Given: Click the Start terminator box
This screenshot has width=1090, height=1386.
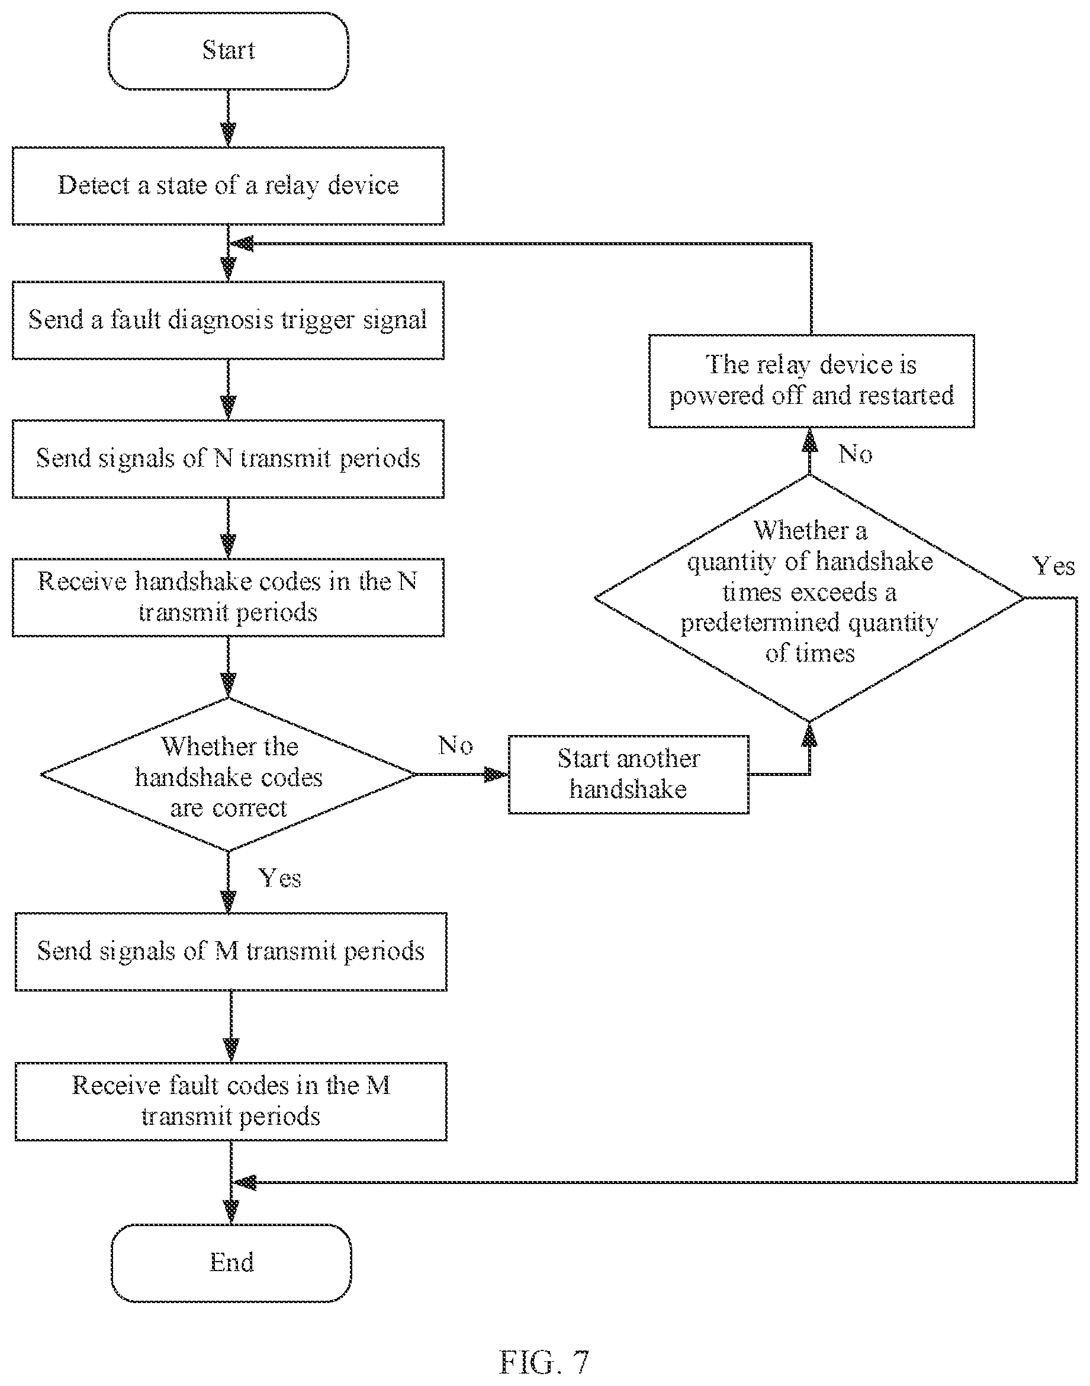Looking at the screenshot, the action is (229, 50).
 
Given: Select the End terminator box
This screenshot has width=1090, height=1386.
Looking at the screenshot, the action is (231, 1263).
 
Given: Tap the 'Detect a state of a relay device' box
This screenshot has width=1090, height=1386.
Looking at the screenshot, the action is (228, 186).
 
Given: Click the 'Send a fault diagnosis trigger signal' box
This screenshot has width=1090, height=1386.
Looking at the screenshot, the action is (228, 320).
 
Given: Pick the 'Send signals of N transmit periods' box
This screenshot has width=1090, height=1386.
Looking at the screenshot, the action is (228, 458).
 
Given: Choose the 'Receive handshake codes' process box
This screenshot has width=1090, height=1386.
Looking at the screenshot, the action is (228, 597).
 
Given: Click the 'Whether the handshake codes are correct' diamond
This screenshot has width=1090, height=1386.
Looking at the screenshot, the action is (228, 774).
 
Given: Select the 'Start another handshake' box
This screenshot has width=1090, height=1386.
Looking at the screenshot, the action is (628, 774).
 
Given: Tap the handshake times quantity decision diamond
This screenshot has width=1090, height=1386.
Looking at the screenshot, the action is (809, 598).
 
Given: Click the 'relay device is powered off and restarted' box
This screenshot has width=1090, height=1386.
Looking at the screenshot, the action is (811, 380).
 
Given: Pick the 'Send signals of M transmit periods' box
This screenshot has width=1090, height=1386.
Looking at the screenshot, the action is (231, 951).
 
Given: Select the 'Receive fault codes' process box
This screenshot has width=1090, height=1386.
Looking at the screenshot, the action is (231, 1101).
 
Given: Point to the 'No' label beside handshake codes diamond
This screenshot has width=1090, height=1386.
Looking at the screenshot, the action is (455, 745).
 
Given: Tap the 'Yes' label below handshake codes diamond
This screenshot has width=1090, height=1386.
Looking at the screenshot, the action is (279, 878).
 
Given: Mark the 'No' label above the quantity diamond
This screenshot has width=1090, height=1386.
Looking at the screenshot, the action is (855, 454).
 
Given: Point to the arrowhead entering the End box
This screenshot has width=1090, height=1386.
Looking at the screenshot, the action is (231, 1213).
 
